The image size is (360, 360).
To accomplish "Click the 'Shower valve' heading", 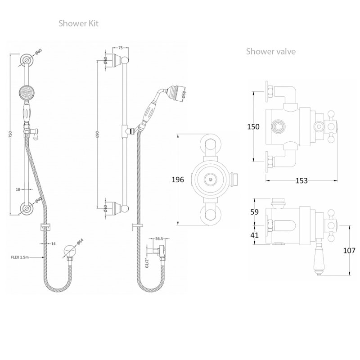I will point(270,51).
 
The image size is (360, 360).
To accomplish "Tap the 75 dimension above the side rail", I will point(121,47).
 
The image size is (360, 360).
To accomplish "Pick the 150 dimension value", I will point(254,127).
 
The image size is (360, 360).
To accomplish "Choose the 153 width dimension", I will point(301,180).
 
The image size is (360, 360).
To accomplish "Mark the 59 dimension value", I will point(255,211).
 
